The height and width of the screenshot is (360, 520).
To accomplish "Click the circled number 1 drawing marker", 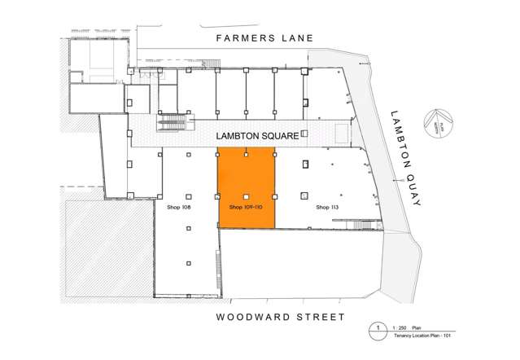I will [x=377, y=328].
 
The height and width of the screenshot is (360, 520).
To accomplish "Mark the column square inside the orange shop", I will [x=247, y=195].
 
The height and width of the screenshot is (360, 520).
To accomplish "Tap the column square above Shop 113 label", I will [x=304, y=195].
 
